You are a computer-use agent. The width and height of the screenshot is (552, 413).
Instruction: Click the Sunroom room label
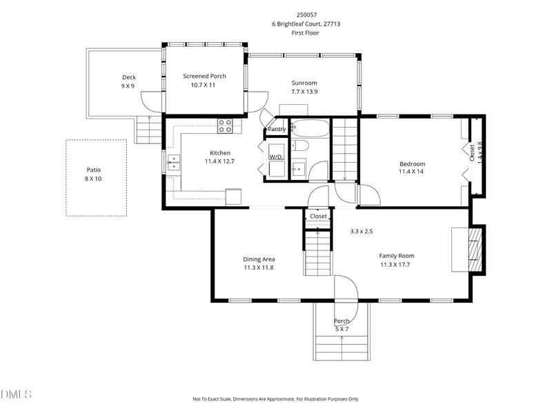(304, 83)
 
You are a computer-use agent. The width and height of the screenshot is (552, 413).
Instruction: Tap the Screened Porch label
(204, 76)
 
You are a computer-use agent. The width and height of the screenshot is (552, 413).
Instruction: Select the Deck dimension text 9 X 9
(128, 85)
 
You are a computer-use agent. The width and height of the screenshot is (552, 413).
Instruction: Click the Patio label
(94, 170)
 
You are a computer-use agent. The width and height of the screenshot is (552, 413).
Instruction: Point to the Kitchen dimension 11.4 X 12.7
(219, 161)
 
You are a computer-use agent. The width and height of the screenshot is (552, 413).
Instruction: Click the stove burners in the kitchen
(226, 126)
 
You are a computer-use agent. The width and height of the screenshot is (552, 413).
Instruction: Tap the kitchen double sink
(174, 163)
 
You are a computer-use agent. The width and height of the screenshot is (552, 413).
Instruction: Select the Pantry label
(277, 129)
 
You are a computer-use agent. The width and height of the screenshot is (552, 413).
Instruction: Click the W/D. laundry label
(277, 157)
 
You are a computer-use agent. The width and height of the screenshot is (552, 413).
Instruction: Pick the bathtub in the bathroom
(311, 128)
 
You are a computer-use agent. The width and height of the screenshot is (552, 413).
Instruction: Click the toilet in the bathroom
(300, 145)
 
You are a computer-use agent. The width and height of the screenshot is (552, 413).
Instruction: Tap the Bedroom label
(412, 164)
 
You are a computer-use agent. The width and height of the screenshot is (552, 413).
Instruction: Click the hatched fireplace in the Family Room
(475, 250)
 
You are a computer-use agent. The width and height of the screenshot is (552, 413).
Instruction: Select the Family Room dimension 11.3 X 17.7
(395, 265)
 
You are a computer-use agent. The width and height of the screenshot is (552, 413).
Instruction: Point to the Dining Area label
(259, 259)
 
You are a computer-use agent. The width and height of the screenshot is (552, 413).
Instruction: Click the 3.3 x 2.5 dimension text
(362, 232)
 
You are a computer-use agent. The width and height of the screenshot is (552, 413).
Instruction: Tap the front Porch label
(342, 321)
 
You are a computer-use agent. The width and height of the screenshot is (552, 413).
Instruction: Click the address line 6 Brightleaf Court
(306, 24)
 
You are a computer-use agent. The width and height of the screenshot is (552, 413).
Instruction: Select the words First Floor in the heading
(305, 33)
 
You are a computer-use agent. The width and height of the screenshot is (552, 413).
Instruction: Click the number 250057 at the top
(306, 14)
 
